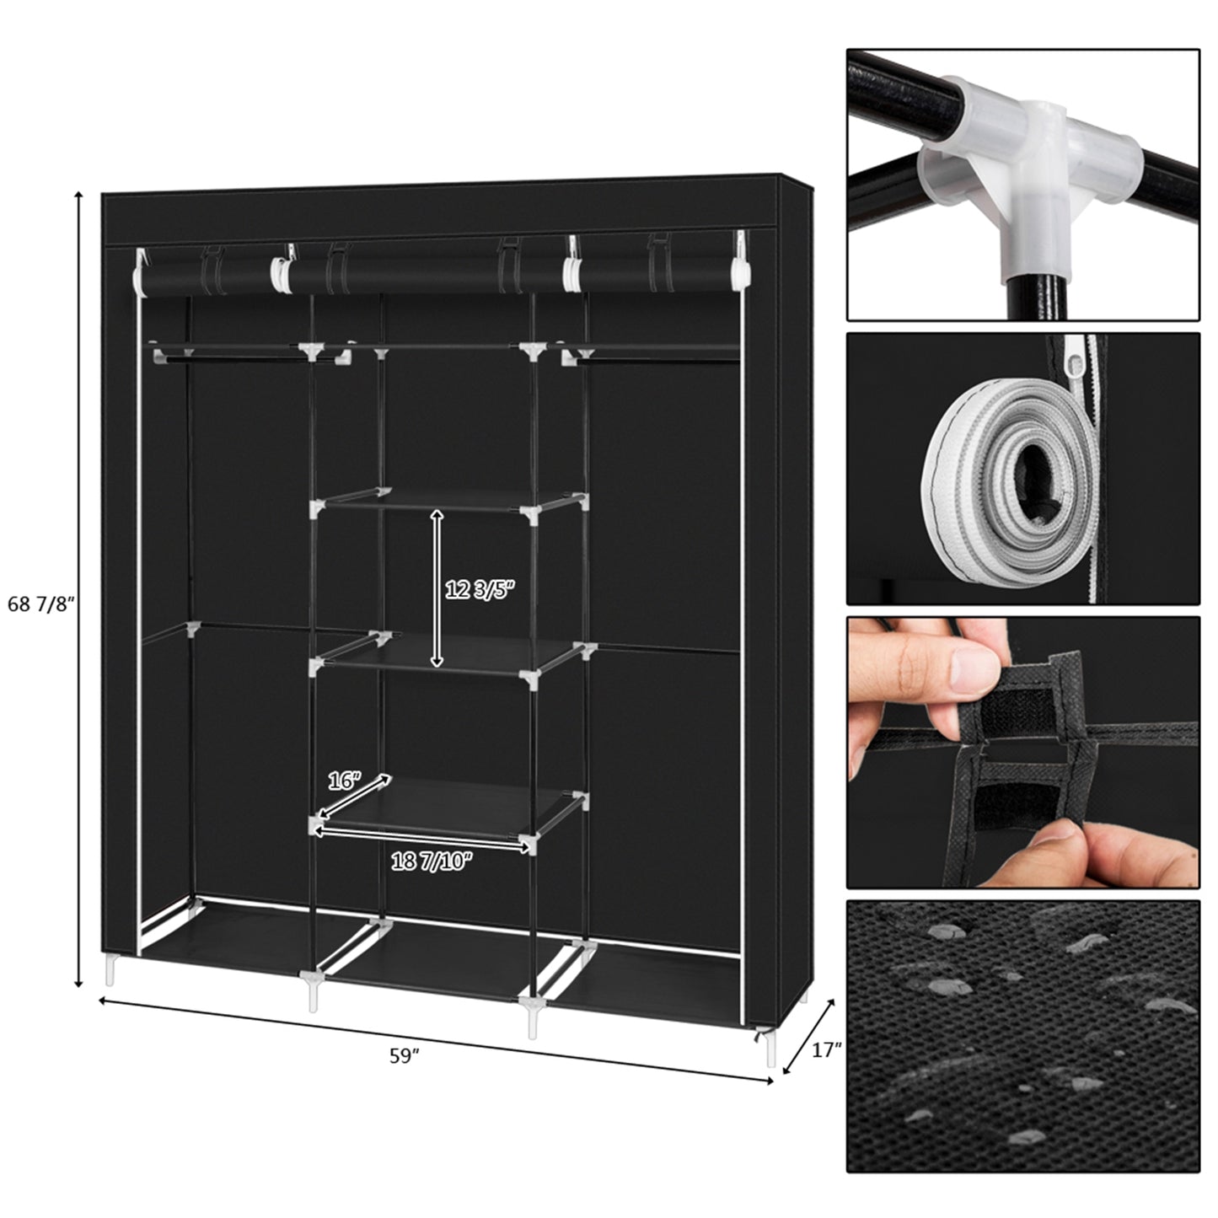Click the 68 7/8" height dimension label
(41, 604)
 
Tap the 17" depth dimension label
(828, 1049)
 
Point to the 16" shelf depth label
(344, 781)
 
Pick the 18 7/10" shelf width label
(432, 861)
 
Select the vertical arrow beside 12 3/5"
(437, 588)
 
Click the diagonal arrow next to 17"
(809, 1037)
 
